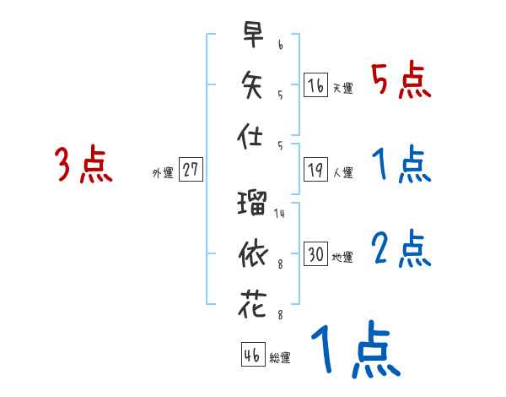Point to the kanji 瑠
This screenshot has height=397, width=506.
click(252, 203)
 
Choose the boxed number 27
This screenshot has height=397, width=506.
click(191, 171)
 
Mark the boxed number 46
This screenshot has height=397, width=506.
click(252, 356)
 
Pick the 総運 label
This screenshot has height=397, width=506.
click(280, 358)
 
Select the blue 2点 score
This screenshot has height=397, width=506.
click(401, 248)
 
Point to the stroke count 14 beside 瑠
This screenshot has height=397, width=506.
click(279, 214)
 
